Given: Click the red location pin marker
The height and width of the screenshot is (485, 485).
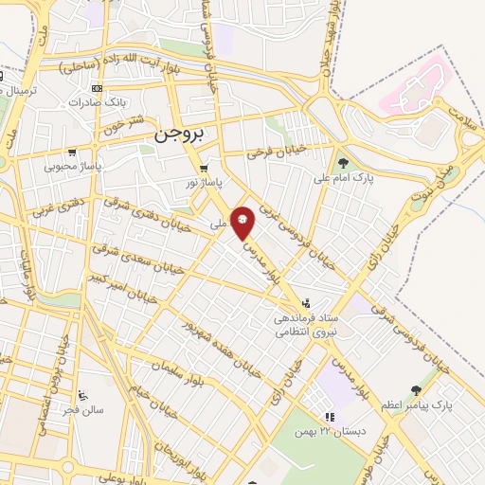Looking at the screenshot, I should point(243,221).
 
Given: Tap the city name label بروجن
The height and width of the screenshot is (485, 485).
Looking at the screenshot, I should point(178,136).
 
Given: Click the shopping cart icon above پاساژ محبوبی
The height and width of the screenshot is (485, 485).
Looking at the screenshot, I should point(71,152).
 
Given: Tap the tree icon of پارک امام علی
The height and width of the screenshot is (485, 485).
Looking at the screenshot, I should point(343,162).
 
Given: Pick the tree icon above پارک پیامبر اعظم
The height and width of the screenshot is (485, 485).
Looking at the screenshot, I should point(416,390).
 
